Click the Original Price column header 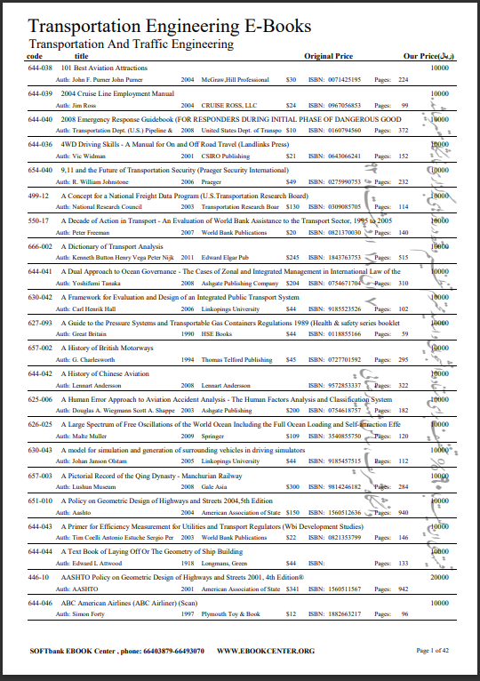coord(330,56)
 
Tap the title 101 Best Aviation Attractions coord(104,68)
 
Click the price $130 coord(292,206)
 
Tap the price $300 coord(292,487)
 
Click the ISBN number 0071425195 coord(340,79)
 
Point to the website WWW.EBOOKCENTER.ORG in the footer coord(266,651)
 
